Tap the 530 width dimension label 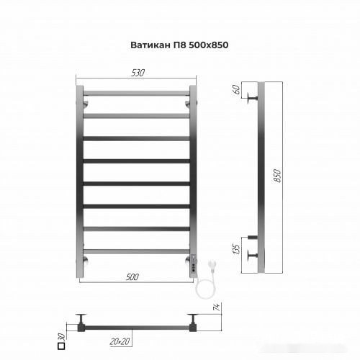(x=138, y=72)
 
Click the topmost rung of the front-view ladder (x=137, y=93)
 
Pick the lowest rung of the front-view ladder (x=137, y=251)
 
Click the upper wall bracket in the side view (x=252, y=98)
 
